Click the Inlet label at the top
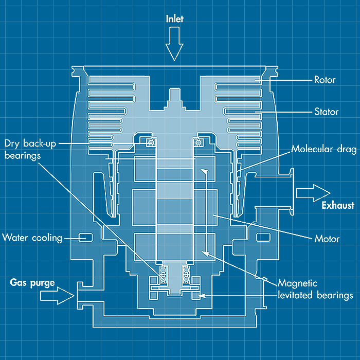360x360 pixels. [x=174, y=19]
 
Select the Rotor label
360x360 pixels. [x=325, y=80]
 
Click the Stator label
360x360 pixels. [x=326, y=112]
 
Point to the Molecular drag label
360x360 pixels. [x=324, y=150]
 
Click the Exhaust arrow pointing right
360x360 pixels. [x=313, y=193]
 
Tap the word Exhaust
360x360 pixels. [x=337, y=206]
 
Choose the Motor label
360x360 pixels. [x=327, y=239]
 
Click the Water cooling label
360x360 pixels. [x=32, y=238]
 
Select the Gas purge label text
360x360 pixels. [x=32, y=282]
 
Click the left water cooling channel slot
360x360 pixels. [x=85, y=238]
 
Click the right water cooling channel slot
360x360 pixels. [x=263, y=238]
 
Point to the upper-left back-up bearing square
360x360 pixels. [x=151, y=142]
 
